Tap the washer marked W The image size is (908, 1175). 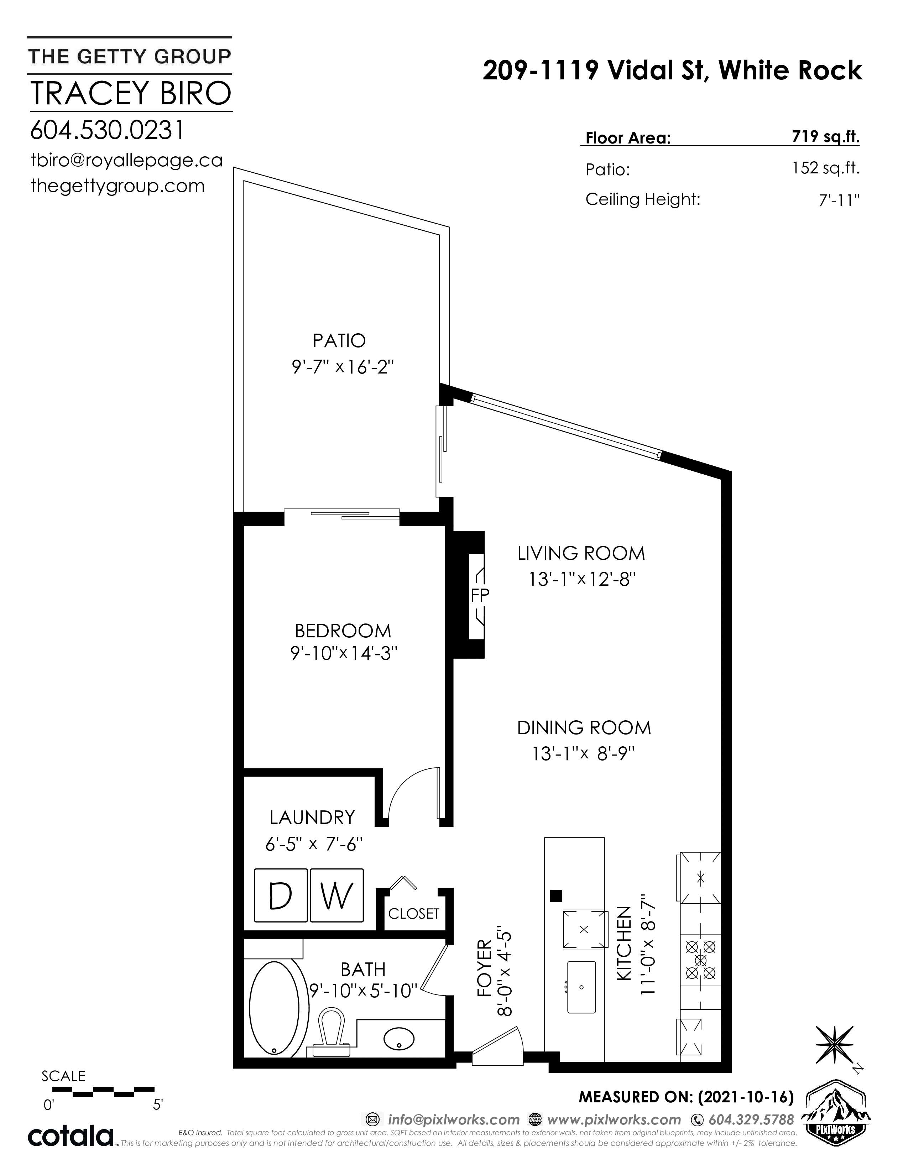(x=337, y=895)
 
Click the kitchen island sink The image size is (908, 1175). (x=581, y=987)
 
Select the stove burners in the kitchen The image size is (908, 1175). (x=700, y=959)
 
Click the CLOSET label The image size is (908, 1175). (x=414, y=914)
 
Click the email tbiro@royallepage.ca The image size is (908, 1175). (x=126, y=160)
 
